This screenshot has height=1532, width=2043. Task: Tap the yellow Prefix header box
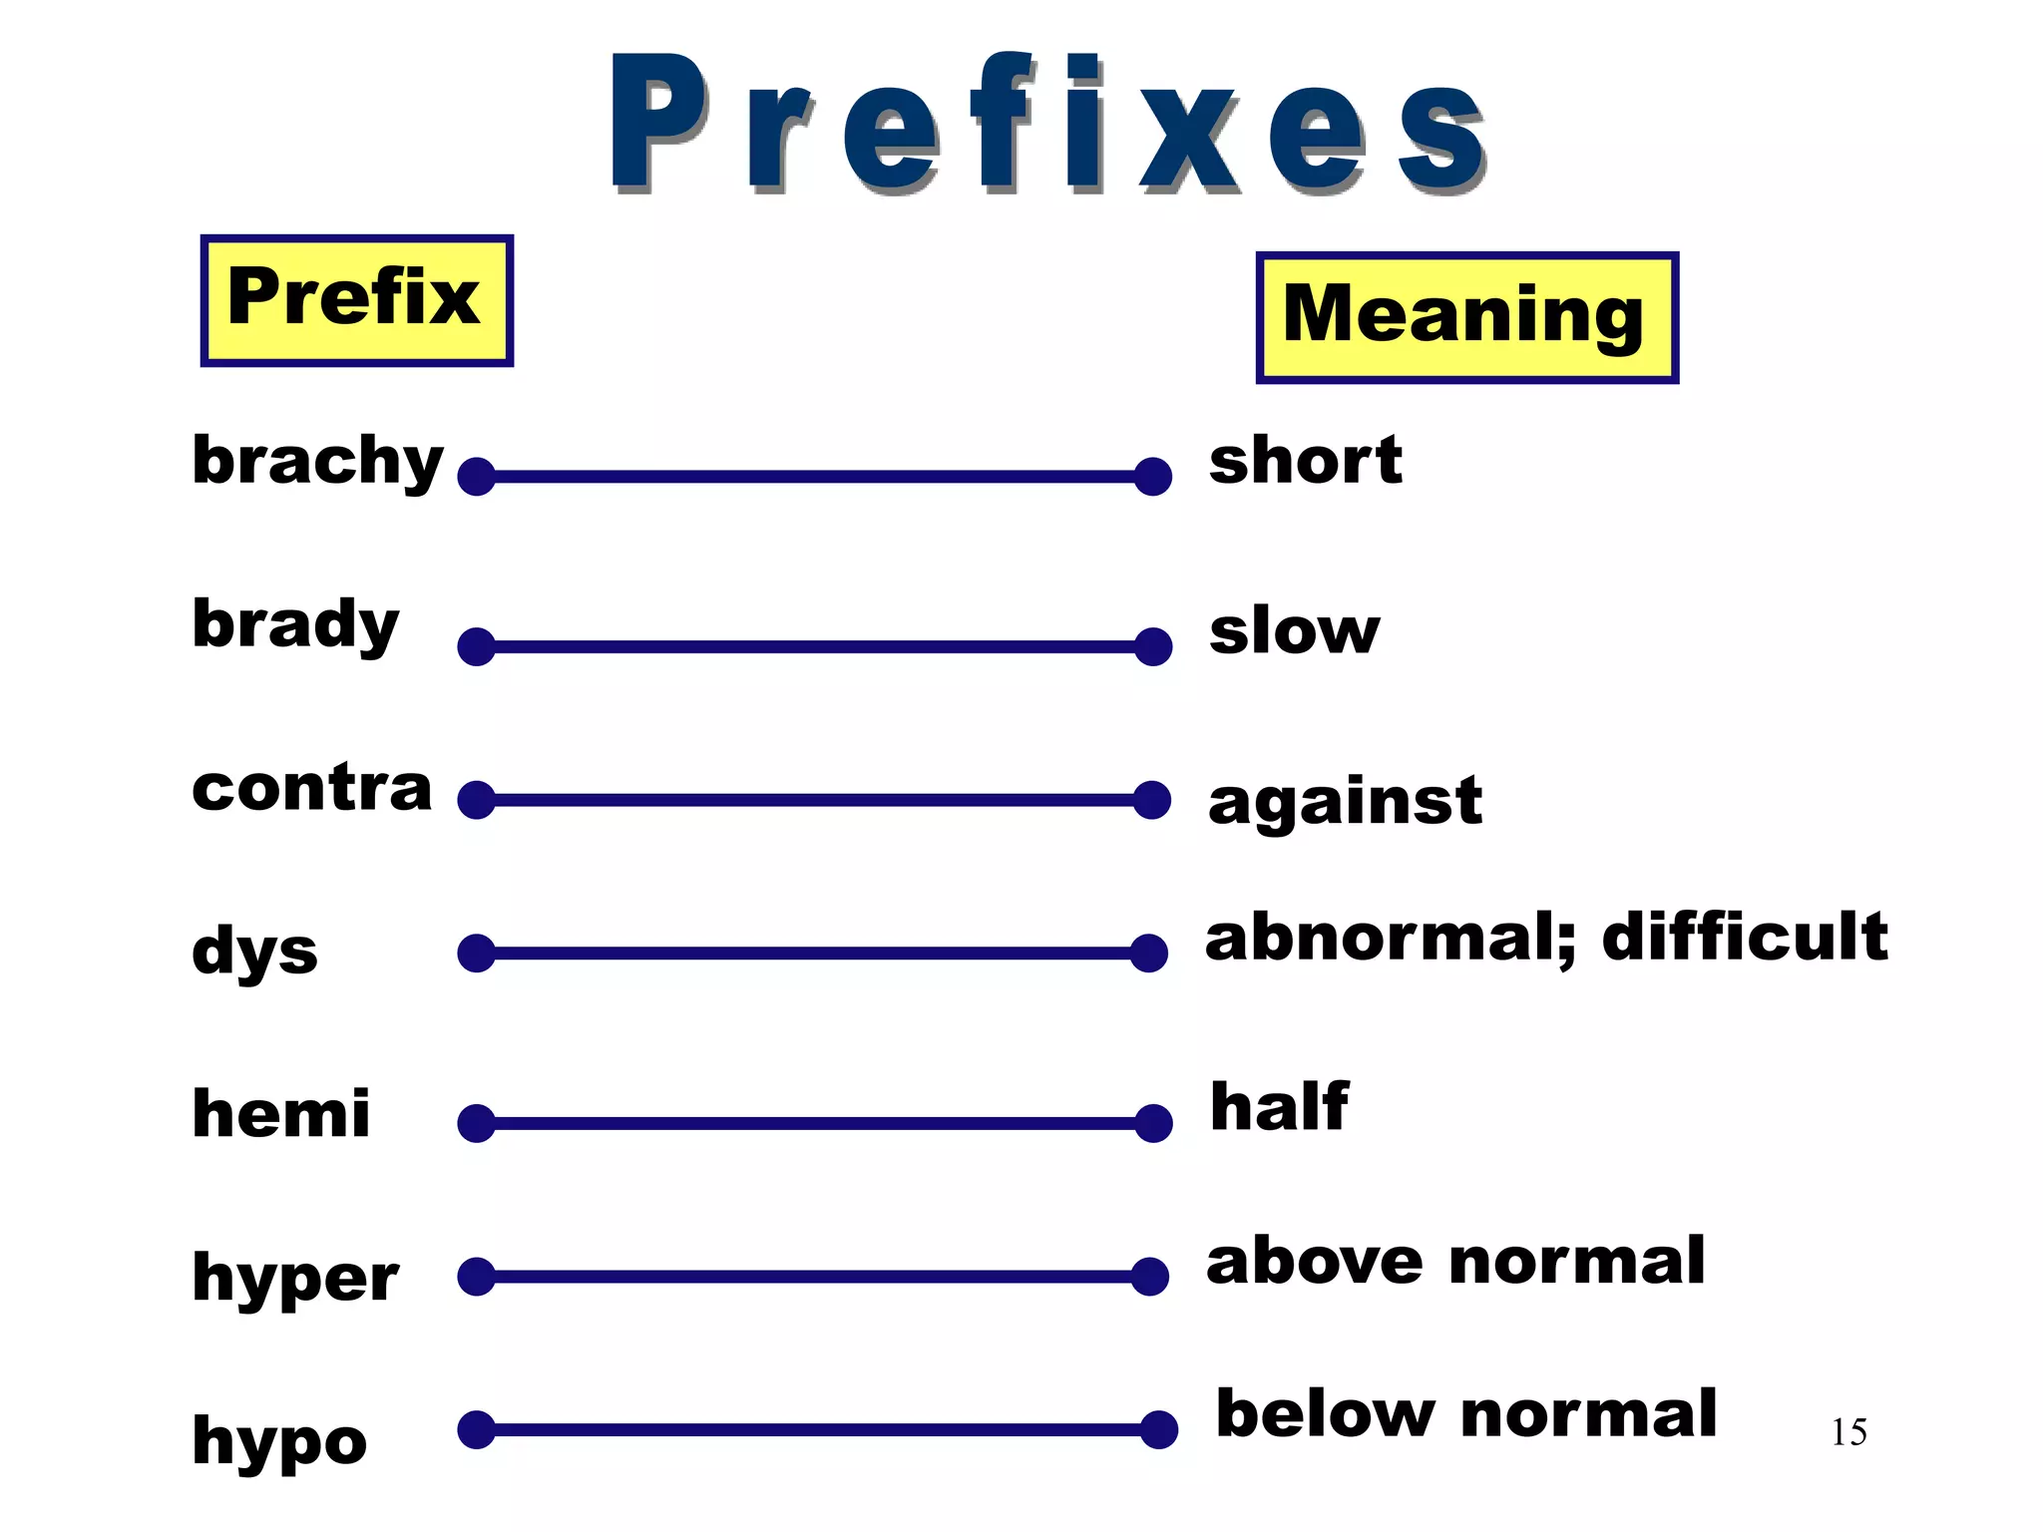coord(356,300)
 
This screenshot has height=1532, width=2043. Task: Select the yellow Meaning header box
coord(1466,317)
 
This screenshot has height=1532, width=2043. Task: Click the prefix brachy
coord(317,461)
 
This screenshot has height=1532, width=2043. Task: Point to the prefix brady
coord(295,625)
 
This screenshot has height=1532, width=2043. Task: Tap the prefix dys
coord(254,951)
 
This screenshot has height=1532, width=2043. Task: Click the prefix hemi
coord(280,1113)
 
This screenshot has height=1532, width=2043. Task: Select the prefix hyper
coord(295,1278)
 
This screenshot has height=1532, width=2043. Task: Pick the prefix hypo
coord(279,1441)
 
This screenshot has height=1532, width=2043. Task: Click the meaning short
coord(1305,461)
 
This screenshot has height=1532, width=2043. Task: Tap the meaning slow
coord(1294,631)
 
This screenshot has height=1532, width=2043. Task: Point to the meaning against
coord(1345,801)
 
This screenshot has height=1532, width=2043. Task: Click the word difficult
coord(1745,937)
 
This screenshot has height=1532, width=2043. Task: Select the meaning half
coord(1279,1107)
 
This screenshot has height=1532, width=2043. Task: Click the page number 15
coord(1848,1432)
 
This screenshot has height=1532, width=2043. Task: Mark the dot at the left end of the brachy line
coord(477,477)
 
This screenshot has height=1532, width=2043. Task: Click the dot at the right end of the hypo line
coord(1158,1429)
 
